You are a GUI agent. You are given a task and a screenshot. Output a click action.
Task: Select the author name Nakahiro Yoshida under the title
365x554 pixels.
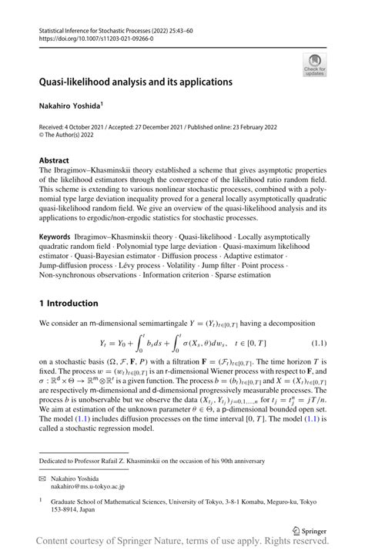[70, 104]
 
